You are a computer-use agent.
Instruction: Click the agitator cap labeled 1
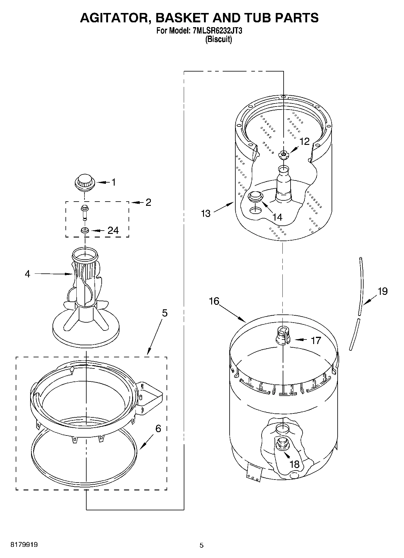coord(84,182)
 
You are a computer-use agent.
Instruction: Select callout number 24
coord(113,231)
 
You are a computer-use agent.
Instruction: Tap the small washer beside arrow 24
coord(84,231)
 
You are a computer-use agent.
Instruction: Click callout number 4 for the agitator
coord(27,274)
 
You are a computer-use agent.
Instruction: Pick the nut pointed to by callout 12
coord(283,155)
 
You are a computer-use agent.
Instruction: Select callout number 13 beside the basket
coord(206,213)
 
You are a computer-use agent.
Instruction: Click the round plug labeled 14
coord(255,196)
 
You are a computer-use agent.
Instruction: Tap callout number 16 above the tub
coord(214,301)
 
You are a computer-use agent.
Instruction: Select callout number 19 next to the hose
coord(383,292)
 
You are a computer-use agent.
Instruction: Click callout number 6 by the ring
coord(158,429)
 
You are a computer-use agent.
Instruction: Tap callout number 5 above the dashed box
coord(164,313)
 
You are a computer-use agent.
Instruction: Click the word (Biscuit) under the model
coord(218,40)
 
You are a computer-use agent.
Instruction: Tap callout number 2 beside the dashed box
coord(148,202)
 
